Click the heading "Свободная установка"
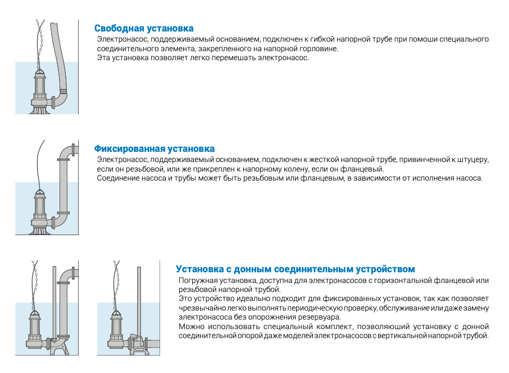coord(144,28)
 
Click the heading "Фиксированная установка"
coord(154,149)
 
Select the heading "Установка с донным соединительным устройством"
coord(295,269)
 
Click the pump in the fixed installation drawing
coord(40,211)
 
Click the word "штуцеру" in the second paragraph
coord(474,160)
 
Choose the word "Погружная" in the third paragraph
coord(197,280)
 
